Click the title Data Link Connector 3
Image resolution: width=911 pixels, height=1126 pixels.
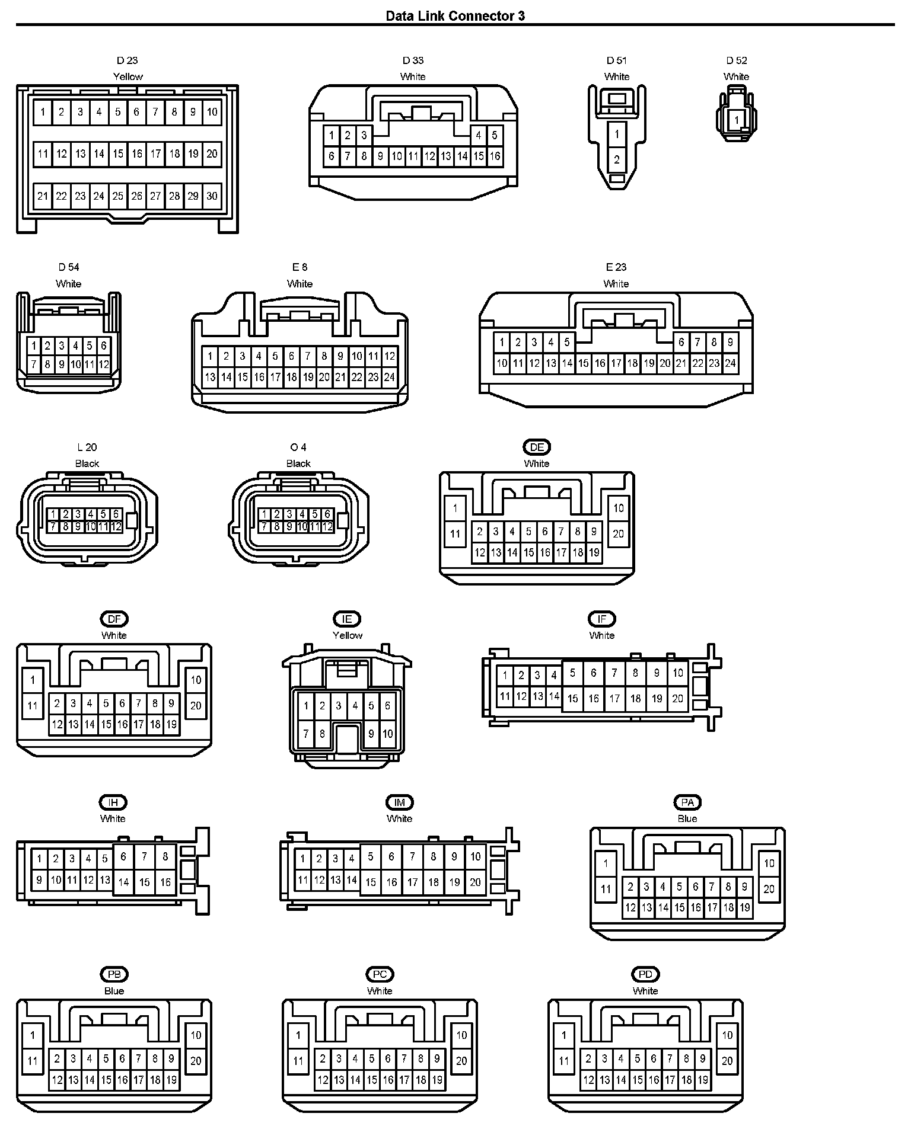(455, 16)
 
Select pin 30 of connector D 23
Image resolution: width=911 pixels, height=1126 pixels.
(212, 196)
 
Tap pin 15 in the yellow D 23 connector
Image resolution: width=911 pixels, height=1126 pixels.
(118, 154)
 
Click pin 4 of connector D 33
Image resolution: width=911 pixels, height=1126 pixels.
(478, 136)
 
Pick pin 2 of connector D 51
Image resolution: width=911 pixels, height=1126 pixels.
(617, 159)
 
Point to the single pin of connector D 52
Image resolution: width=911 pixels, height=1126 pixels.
(736, 120)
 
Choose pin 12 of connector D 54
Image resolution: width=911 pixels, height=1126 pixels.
(103, 364)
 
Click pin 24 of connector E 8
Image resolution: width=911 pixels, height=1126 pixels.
(389, 377)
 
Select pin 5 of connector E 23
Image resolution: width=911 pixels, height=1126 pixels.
(567, 343)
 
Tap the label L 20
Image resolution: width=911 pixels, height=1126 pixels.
(87, 447)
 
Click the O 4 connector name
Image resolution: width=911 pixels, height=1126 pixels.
(298, 447)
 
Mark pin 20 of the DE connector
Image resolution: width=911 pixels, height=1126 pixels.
(619, 534)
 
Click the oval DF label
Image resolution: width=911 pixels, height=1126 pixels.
(114, 619)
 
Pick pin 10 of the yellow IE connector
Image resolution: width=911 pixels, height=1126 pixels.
(387, 734)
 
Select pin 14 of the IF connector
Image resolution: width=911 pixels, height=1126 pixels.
(554, 697)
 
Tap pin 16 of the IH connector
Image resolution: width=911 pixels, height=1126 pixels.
(165, 882)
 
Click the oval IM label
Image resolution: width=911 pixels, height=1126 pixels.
(399, 802)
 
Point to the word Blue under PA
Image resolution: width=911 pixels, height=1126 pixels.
(687, 819)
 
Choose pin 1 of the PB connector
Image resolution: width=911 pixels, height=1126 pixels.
(33, 1036)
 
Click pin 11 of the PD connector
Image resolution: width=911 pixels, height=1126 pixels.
(564, 1061)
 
